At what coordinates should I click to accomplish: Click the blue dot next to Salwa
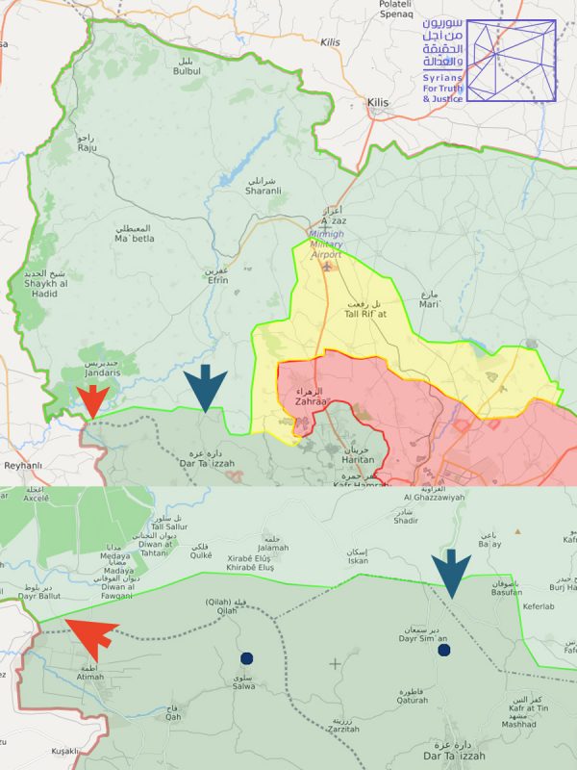click(x=246, y=658)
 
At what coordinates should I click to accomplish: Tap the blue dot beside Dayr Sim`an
click(x=444, y=651)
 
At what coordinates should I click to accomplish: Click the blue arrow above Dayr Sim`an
click(x=451, y=576)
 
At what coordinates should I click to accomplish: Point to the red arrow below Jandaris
click(x=92, y=400)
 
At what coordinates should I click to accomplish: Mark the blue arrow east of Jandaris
click(x=205, y=387)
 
